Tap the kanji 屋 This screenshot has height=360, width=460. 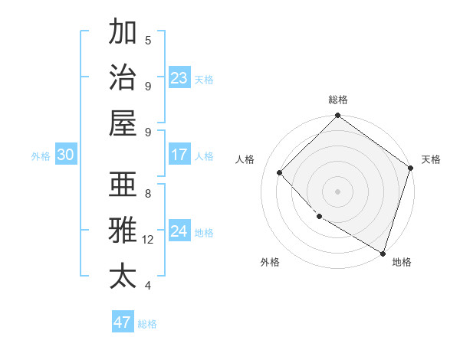pos(123,123)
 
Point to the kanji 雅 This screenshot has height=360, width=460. pos(123,231)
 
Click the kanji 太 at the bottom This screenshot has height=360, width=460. pos(123,276)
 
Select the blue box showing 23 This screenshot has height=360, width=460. pos(179,77)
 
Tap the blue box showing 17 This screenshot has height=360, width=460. pos(179,155)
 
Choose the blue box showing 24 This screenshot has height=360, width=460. pos(179,231)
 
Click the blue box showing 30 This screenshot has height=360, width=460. pos(66,155)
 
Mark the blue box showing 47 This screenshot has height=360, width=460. pos(123,322)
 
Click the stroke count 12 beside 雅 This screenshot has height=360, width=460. pos(148,240)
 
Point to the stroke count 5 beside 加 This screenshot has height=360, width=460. pos(148,40)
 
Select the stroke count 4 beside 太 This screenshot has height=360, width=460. pos(148,286)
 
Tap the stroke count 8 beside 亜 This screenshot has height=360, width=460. pos(148,194)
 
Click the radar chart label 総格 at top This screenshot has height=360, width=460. pos(338,100)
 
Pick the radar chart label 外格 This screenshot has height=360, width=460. pos(270,262)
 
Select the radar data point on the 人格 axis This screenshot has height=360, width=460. pos(280,172)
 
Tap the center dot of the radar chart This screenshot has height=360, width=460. pos(338,191)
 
